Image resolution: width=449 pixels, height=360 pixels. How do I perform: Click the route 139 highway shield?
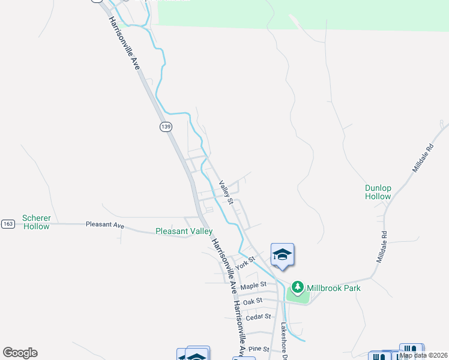coord(166,126)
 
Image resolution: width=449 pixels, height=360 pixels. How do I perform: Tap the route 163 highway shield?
coord(8,224)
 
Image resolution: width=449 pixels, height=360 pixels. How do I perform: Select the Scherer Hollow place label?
coord(36,222)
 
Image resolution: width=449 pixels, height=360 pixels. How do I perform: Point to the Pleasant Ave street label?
coord(104,226)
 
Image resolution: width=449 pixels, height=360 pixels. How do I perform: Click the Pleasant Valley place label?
coord(184,231)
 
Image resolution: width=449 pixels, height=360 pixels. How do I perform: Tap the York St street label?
coord(246,263)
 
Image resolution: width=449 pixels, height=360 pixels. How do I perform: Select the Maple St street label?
coord(253,286)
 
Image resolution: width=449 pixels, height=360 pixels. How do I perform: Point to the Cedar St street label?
coord(259,316)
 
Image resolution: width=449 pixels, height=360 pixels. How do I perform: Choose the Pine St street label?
coord(259,349)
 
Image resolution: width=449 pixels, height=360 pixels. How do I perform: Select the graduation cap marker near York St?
coord(282,255)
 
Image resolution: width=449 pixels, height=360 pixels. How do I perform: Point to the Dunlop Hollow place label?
coord(378,192)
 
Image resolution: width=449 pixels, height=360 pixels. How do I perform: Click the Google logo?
coord(20,353)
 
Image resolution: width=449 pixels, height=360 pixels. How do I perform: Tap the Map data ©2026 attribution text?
coord(423,355)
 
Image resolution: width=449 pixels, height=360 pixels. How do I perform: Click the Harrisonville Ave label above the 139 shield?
coord(124,44)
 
